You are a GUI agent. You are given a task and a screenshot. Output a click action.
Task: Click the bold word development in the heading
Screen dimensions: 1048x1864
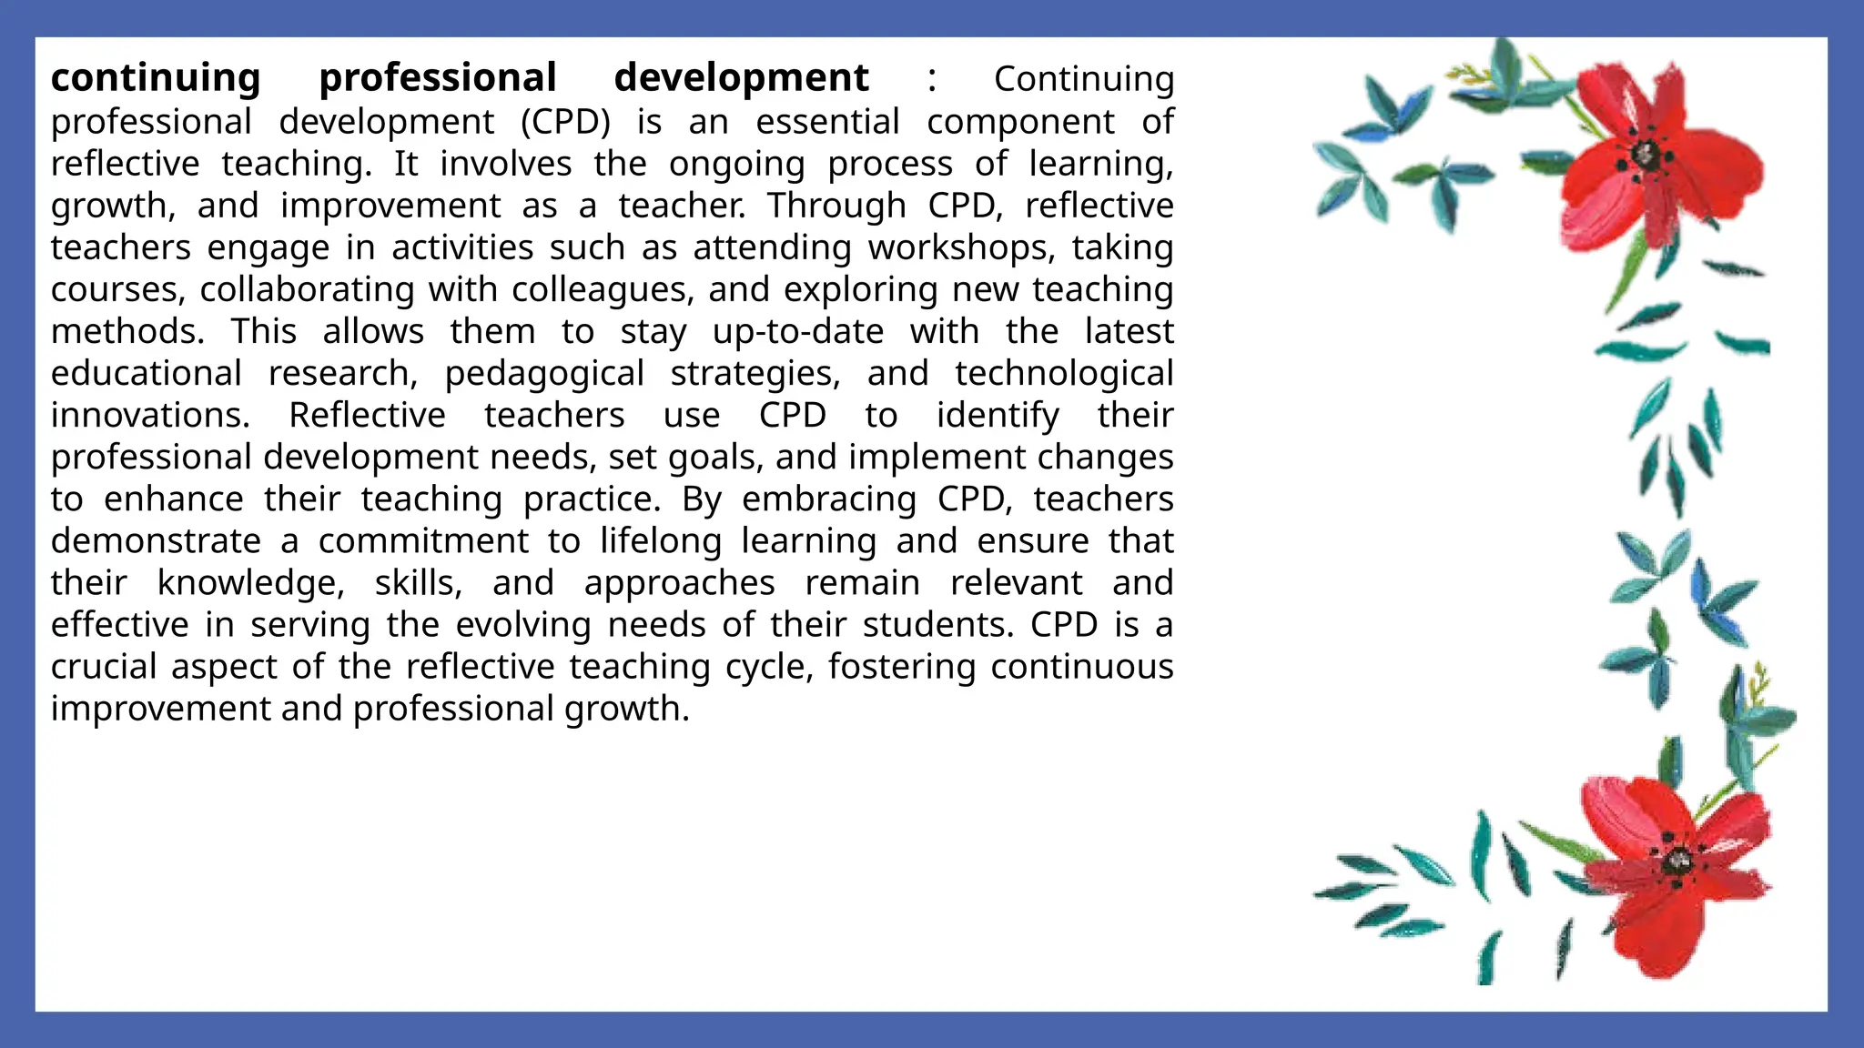(x=741, y=79)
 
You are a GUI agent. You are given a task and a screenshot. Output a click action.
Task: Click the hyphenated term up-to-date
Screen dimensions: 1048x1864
(x=797, y=332)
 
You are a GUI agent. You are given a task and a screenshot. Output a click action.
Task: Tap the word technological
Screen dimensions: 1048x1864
(x=1064, y=374)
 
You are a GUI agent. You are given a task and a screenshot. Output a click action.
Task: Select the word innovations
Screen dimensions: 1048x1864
(x=150, y=416)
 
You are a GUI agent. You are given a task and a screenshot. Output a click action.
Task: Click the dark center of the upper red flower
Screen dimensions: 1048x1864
(x=1645, y=156)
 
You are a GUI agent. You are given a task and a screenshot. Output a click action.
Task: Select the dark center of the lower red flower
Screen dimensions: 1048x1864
(x=1676, y=861)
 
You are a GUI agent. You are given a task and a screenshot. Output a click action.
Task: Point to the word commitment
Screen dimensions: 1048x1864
(x=423, y=541)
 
